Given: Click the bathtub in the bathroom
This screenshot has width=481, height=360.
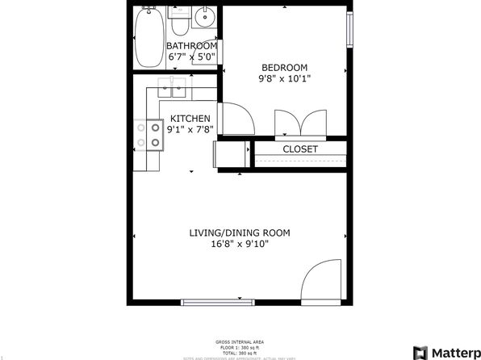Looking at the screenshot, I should pos(148,37).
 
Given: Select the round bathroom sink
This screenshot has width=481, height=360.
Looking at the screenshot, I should pos(205,16).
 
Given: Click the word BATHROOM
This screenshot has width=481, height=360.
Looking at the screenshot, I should pos(192,46).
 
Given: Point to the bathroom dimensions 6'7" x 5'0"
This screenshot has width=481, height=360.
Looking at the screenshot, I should pos(192,57).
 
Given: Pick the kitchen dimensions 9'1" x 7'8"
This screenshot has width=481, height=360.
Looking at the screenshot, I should pos(190,129).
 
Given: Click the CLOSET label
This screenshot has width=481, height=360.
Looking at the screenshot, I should pos(299,149).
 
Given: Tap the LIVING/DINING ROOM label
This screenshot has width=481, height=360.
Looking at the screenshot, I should pos(240,233).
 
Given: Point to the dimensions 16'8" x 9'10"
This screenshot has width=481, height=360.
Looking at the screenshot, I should pos(240,245).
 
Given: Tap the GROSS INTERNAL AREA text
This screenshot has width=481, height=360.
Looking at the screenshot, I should pos(240,342).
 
